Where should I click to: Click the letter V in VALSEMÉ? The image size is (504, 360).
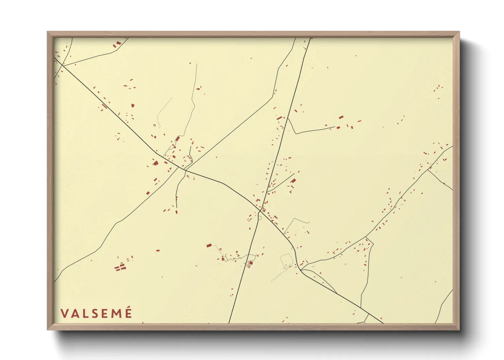pos(64,313)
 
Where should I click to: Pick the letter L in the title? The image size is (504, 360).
pos(83,313)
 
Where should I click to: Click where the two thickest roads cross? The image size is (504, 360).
pos(260,211)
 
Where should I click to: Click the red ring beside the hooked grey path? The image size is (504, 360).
pos(155,125)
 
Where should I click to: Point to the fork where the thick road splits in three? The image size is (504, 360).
pos(300,270)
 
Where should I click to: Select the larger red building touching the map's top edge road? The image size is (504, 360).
pos(119,43)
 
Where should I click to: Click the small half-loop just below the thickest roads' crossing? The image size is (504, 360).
pos(260,218)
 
